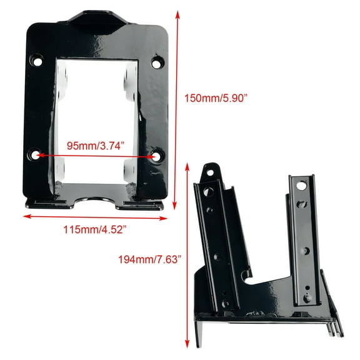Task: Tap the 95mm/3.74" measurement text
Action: click(95, 145)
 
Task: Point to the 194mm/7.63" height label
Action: click(149, 259)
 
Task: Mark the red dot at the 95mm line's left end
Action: click(38, 154)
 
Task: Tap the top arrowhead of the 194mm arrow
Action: click(188, 166)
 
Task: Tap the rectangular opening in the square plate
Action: click(97, 112)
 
